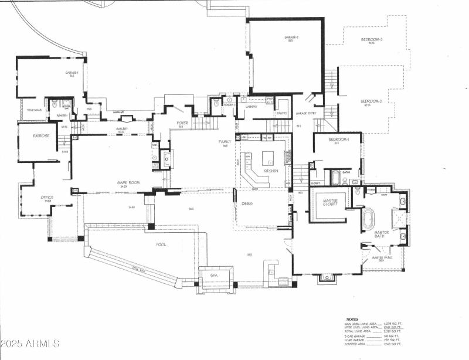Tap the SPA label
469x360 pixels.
pos(215,274)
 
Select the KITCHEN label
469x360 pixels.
pos(270,171)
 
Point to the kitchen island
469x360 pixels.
pos(267,157)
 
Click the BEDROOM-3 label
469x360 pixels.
pos(372,40)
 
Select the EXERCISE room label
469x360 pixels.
pos(41,136)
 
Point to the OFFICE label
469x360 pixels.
pos(47,198)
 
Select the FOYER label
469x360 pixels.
pos(182,123)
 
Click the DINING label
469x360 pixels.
pos(247,203)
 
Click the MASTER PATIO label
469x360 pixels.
pos(382,257)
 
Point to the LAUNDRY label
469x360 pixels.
pos(252,107)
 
